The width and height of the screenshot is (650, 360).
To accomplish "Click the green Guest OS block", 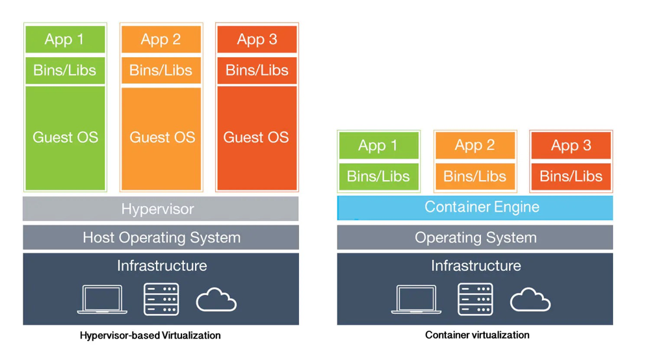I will pos(65,138).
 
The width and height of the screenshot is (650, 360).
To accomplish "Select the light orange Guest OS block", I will pos(161,138).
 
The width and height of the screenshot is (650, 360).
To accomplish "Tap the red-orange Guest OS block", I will pos(257,138).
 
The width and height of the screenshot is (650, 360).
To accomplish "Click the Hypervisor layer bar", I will pos(161,209).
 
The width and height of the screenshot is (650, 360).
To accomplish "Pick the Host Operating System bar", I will pos(161,238).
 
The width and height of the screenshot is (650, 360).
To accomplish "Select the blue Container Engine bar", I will pos(475,208).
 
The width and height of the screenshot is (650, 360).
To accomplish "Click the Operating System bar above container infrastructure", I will pos(475,238).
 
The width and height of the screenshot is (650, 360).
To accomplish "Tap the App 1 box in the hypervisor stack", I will pos(65,40).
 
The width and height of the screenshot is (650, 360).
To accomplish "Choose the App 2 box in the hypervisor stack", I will pos(161,40).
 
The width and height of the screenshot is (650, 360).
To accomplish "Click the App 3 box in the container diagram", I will pos(571,146).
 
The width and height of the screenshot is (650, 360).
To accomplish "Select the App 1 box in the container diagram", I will pos(378,146).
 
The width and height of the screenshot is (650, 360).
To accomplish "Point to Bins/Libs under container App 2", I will pos(474,176).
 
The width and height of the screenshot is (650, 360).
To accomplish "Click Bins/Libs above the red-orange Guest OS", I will pos(257,70).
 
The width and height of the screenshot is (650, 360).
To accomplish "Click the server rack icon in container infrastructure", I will pos(475,300).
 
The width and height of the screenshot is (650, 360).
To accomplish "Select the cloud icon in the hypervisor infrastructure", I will pos(216,300).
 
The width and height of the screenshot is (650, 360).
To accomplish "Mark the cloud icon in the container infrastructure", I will pos(530,300).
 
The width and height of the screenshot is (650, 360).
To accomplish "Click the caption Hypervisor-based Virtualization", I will pos(150,336).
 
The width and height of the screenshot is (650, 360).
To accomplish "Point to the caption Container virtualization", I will pos(477,335).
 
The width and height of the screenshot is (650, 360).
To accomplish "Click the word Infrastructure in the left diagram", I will pos(162,266).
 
